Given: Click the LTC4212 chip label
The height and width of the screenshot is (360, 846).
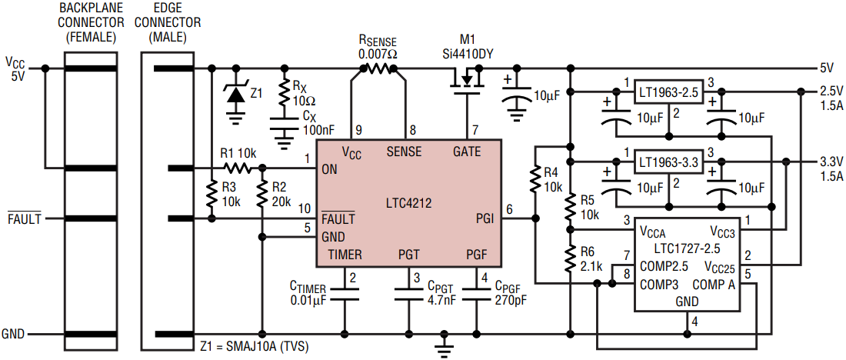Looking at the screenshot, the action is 408,204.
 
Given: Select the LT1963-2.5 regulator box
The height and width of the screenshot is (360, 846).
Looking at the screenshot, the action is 668,92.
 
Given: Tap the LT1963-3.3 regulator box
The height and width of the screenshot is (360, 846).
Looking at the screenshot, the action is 668,162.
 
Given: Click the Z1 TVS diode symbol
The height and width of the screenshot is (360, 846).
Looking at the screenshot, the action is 235,94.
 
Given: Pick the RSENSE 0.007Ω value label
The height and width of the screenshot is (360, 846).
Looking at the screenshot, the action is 377,55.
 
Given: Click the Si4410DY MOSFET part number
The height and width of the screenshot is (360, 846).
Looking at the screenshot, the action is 465,55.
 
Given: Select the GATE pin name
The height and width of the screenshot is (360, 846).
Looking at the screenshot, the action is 468,152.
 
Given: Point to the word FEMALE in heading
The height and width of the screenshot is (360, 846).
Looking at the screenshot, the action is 90,38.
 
